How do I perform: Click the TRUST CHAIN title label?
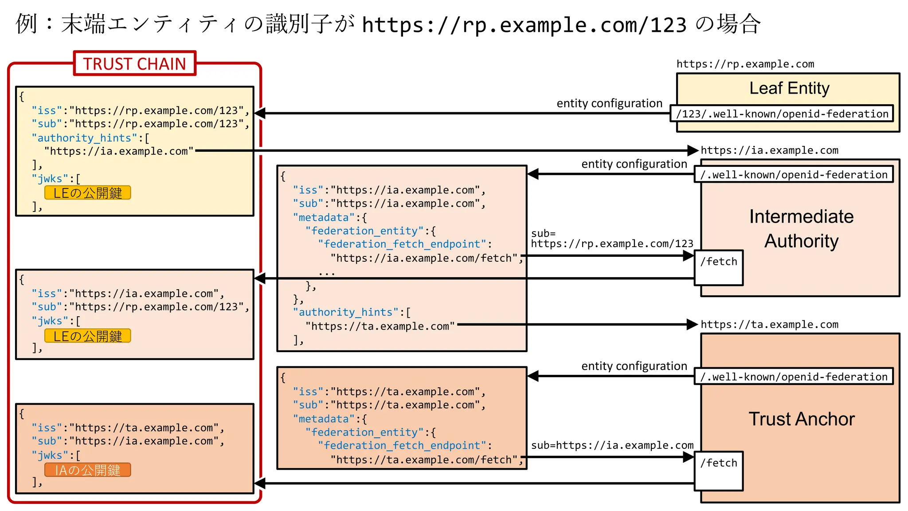pyautogui.click(x=134, y=64)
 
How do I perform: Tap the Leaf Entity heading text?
pyautogui.click(x=789, y=88)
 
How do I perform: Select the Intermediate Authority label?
pyautogui.click(x=801, y=228)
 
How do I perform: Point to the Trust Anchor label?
pyautogui.click(x=801, y=419)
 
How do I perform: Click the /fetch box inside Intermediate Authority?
pyautogui.click(x=719, y=267)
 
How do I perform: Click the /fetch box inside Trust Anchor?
pyautogui.click(x=719, y=470)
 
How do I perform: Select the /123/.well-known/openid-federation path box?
pyautogui.click(x=782, y=114)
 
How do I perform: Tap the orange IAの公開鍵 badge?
pyautogui.click(x=88, y=470)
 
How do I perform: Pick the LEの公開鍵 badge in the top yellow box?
pyautogui.click(x=88, y=193)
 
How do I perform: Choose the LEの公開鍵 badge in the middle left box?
pyautogui.click(x=88, y=336)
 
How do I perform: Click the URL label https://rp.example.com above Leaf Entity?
pyautogui.click(x=745, y=64)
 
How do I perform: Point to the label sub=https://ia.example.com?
pyautogui.click(x=612, y=445)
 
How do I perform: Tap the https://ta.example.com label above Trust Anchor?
pyautogui.click(x=769, y=325)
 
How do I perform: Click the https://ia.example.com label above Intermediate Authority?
pyautogui.click(x=769, y=150)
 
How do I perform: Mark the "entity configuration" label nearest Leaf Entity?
pyautogui.click(x=609, y=103)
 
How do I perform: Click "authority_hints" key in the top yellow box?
pyautogui.click(x=84, y=138)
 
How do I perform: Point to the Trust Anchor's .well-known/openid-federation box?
pyautogui.click(x=794, y=377)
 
